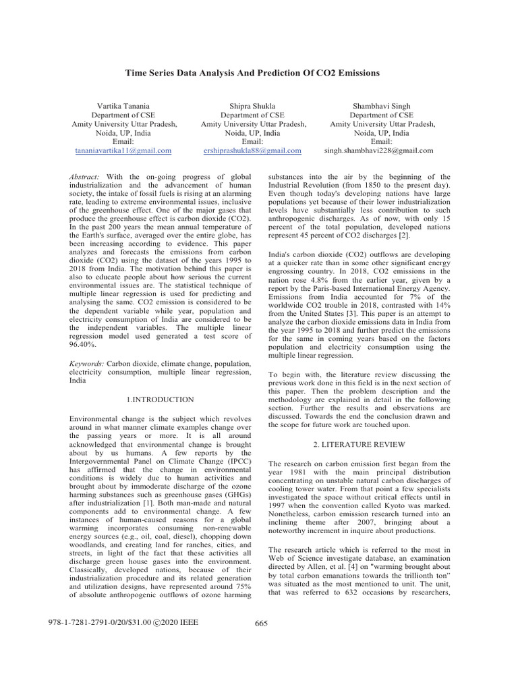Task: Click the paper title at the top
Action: click(259, 72)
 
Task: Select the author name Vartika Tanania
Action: click(125, 107)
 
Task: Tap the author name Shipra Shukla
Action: click(253, 107)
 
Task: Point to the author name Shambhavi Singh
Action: click(382, 107)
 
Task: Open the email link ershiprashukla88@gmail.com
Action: click(253, 150)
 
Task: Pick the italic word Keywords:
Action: click(87, 364)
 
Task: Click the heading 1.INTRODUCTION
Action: click(161, 400)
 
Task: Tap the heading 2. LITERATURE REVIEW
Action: click(359, 445)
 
